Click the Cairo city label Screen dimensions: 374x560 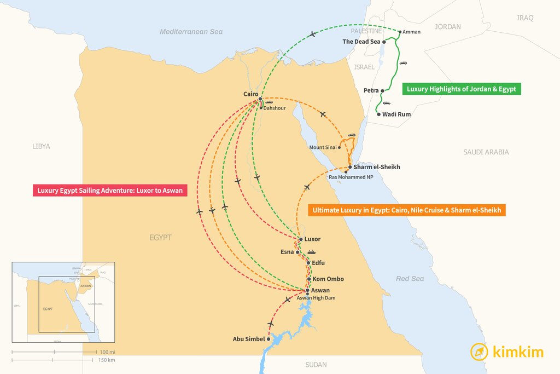click(x=250, y=94)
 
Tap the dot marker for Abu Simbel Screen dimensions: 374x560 click(x=269, y=339)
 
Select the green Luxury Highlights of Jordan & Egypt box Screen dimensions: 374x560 click(x=462, y=89)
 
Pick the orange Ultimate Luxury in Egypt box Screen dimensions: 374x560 click(x=406, y=210)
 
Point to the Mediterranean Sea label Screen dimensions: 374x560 click(x=191, y=32)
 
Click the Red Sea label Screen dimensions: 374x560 click(x=410, y=279)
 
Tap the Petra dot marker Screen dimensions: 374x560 click(x=383, y=90)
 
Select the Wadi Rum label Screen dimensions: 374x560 click(x=396, y=114)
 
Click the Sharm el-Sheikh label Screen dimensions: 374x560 click(x=377, y=166)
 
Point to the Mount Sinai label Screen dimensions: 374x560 click(x=323, y=147)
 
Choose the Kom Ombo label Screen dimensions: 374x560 click(x=328, y=279)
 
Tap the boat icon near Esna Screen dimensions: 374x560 click(x=311, y=252)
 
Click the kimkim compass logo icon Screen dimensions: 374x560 click(x=480, y=352)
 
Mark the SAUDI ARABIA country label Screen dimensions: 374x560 click(x=486, y=152)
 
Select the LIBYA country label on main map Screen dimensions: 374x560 click(x=41, y=146)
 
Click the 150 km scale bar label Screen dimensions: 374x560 click(x=107, y=360)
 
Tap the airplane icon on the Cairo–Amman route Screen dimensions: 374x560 click(x=312, y=34)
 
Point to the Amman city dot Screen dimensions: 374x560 click(x=399, y=32)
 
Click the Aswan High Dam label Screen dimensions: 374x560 click(x=316, y=298)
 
